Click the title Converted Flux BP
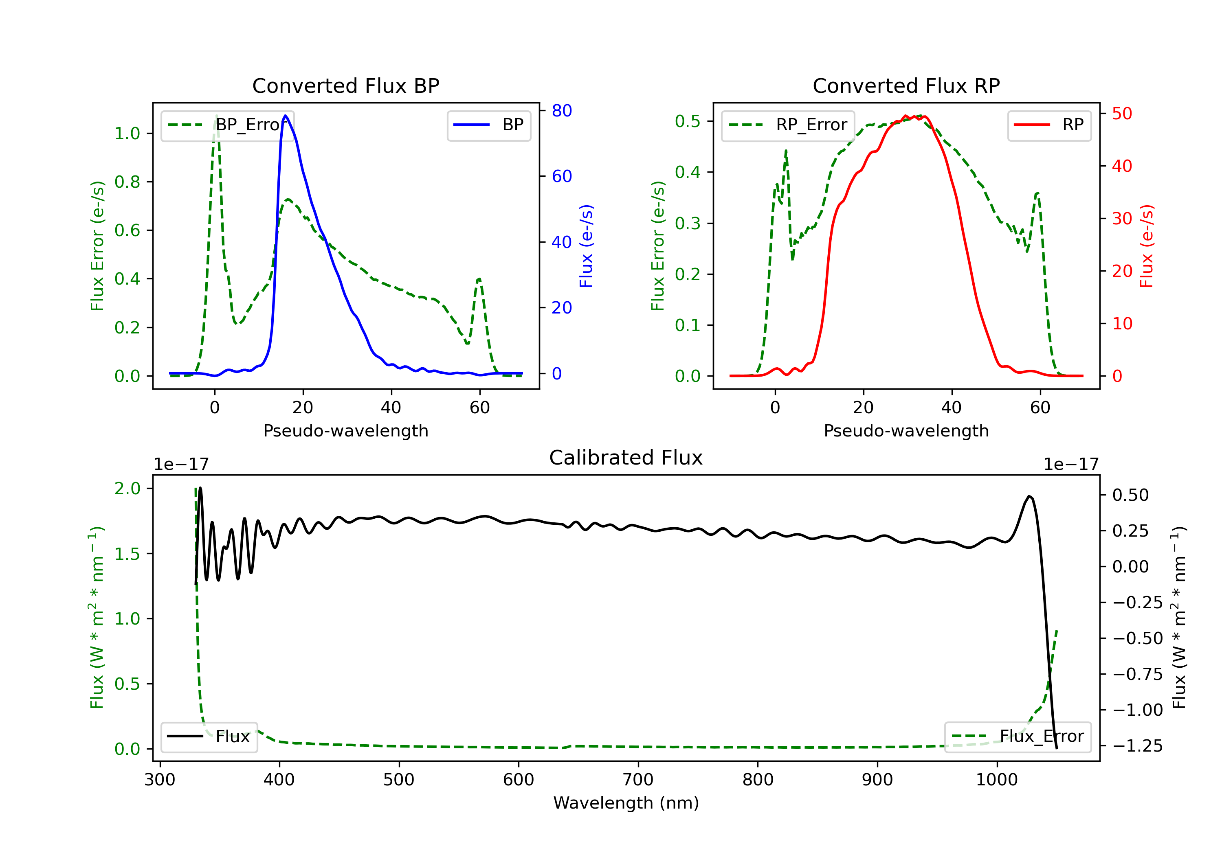pos(346,85)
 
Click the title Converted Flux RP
pos(906,85)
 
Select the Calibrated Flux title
pos(626,458)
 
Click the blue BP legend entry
pos(488,125)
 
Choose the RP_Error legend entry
pos(788,125)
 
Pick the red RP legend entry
pos(1049,125)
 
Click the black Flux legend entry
pos(209,737)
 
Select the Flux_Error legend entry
pos(1018,737)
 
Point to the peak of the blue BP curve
pos(286,116)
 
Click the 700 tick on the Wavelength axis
pos(638,780)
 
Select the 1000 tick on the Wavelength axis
pos(997,780)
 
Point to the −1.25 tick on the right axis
pos(1137,746)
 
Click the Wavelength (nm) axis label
pos(626,803)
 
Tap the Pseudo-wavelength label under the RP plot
pos(906,430)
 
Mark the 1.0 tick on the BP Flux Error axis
pos(128,134)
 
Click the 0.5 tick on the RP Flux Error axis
pos(688,121)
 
